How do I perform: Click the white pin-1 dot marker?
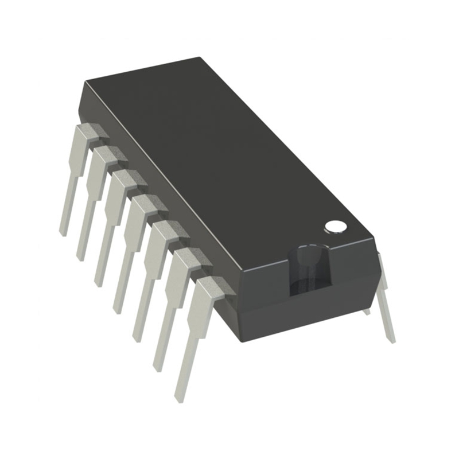336,227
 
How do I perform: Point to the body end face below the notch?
310,313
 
